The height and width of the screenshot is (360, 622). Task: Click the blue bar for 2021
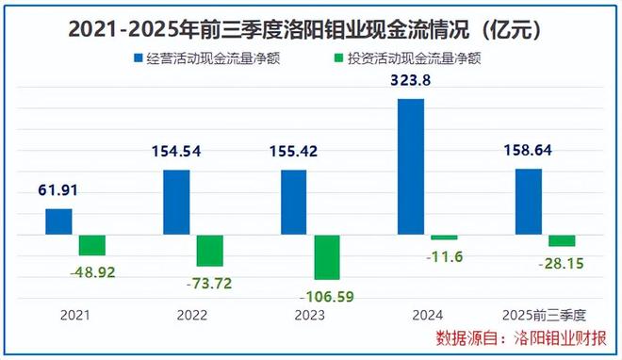(58, 221)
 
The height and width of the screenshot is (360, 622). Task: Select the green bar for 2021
(92, 245)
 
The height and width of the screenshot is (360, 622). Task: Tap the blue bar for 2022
(176, 202)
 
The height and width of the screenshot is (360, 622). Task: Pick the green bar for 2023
(327, 257)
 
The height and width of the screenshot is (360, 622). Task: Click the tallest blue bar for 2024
(411, 166)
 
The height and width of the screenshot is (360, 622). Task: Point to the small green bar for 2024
(444, 237)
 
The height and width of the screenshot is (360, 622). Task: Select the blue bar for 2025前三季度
(529, 202)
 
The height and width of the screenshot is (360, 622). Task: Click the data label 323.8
(410, 82)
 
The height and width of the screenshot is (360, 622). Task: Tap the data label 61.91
(58, 191)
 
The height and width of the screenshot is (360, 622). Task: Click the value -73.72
(209, 280)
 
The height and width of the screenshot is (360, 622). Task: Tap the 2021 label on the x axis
(75, 316)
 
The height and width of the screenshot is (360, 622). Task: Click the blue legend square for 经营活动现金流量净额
(137, 57)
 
